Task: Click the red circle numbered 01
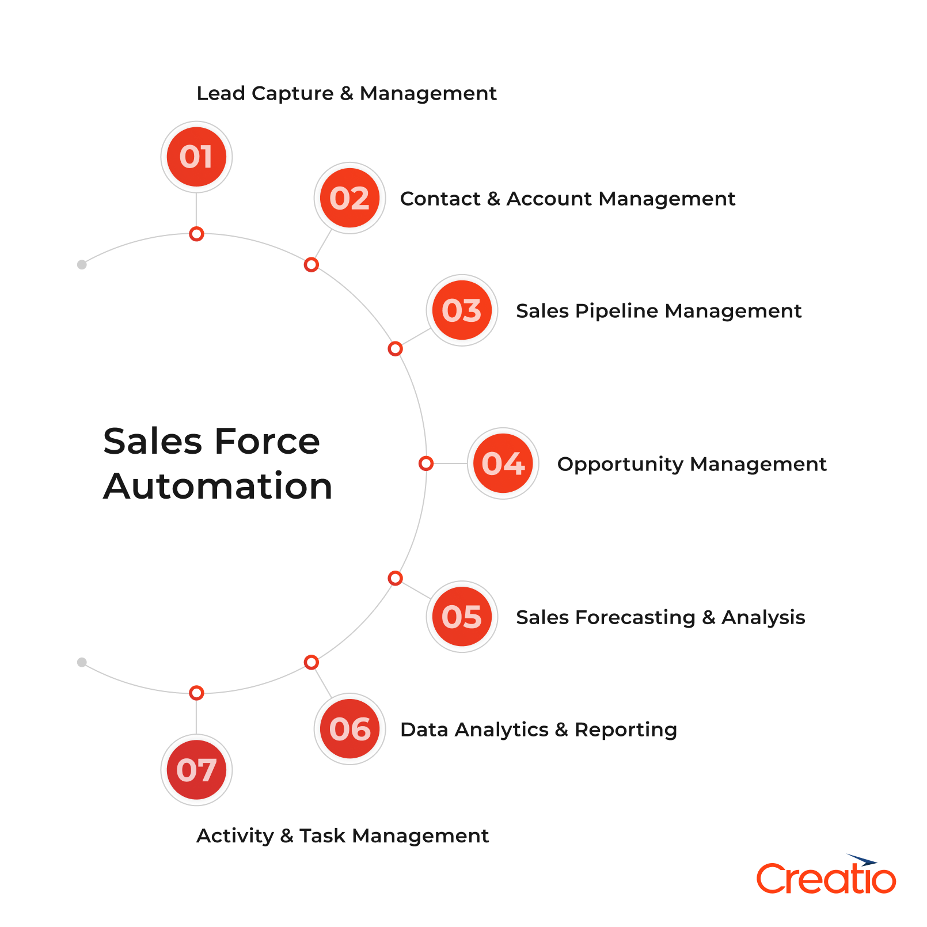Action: pos(196,157)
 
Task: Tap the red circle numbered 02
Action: pos(349,198)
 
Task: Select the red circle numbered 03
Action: pos(462,310)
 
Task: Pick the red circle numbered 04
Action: pos(503,464)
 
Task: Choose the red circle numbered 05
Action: pos(462,617)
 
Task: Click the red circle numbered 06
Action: pos(349,729)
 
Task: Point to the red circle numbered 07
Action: pos(196,770)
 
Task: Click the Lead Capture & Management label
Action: pos(346,93)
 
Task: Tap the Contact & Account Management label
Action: pos(567,199)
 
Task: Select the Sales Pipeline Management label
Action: pos(658,311)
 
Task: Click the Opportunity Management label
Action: pos(692,464)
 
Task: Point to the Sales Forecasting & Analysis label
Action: pos(660,617)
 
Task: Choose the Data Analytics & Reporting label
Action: pos(538,730)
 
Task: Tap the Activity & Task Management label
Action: pos(343,835)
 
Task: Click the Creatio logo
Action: pos(826,876)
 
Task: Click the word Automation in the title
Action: pos(218,487)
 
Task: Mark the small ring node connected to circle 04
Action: pos(425,464)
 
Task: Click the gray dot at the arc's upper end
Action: pos(82,265)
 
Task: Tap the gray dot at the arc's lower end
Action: pos(82,662)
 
